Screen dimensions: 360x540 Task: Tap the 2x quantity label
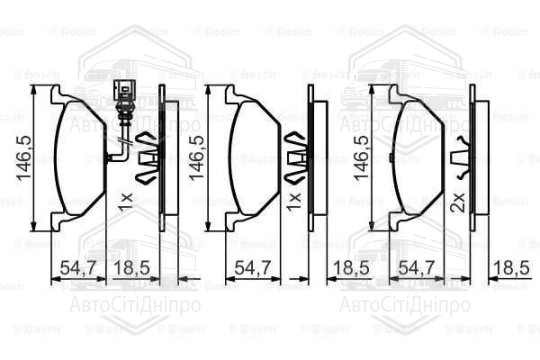(x=457, y=204)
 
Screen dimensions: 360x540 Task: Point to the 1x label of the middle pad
(x=292, y=199)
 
